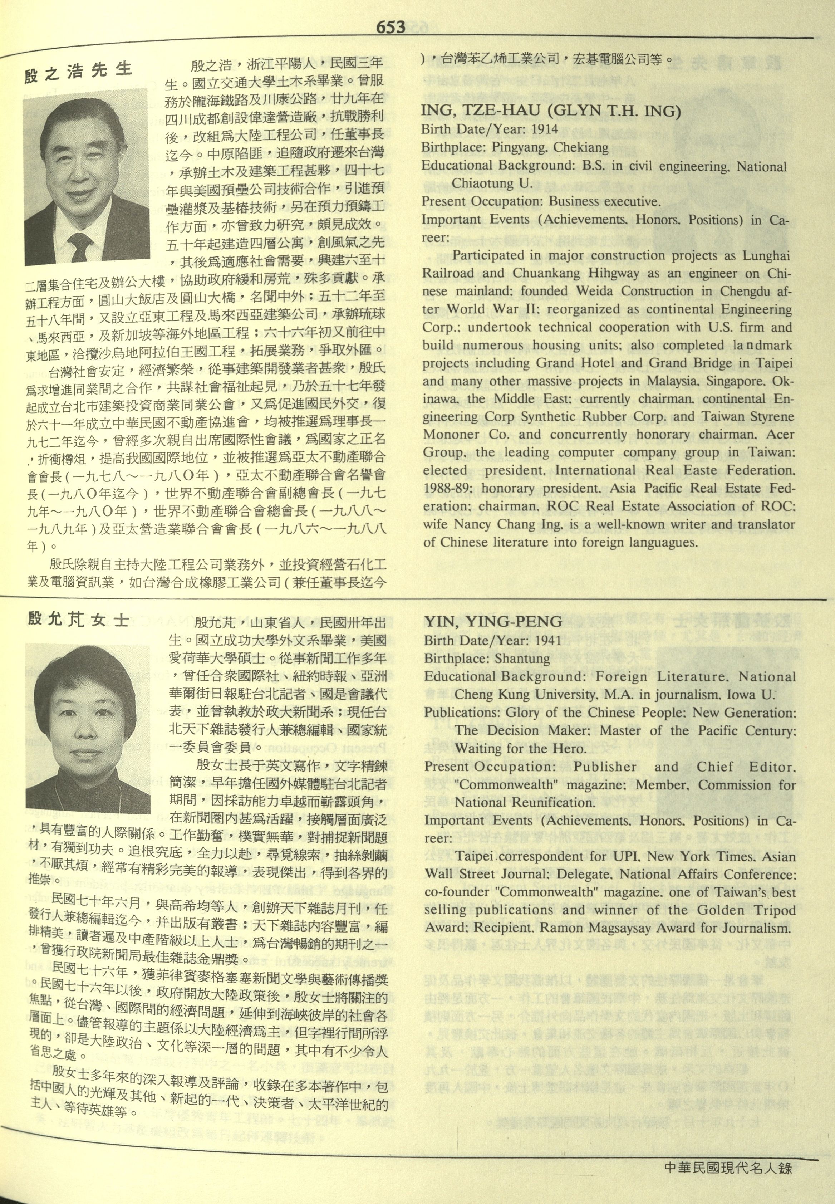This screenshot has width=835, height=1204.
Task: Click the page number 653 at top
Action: [x=390, y=27]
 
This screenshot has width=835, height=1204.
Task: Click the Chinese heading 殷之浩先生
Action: [x=78, y=72]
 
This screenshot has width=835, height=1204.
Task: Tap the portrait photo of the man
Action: [x=86, y=177]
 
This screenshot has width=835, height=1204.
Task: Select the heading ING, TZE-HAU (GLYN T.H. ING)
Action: [x=551, y=112]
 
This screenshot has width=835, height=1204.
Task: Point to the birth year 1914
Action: [x=545, y=129]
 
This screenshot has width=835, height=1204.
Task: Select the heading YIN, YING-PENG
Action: [x=493, y=622]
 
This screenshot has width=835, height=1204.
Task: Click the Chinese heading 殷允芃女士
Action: [x=78, y=620]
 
